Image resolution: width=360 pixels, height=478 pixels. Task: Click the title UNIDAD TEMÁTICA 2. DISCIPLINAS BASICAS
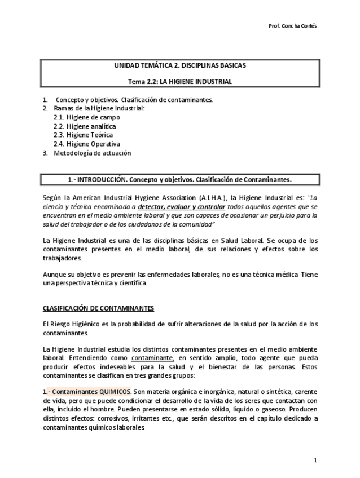pos(180,66)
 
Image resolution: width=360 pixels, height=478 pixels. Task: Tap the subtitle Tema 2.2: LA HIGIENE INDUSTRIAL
pos(180,82)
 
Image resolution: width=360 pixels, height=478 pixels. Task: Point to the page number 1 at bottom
pos(316,461)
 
